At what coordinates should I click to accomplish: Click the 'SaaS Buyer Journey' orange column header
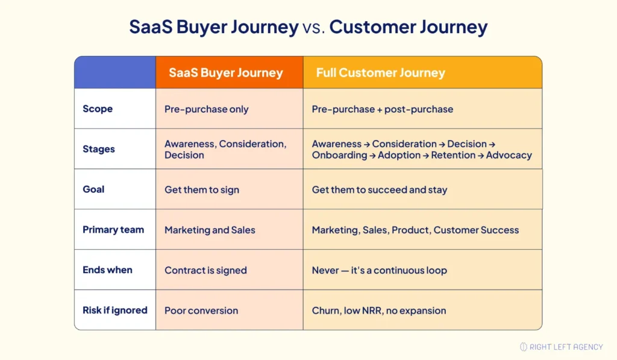226,73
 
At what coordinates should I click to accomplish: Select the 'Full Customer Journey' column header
380,73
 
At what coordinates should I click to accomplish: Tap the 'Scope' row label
98,109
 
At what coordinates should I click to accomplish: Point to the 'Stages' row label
99,149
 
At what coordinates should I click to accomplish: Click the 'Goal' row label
93,189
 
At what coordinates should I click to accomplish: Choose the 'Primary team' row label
113,230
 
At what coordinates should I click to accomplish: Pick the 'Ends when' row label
107,270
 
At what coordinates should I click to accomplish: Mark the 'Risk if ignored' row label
115,310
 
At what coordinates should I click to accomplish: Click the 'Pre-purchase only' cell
206,109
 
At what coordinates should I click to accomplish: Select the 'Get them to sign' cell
202,190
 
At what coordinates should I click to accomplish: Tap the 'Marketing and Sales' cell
210,230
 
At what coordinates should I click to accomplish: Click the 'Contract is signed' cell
205,270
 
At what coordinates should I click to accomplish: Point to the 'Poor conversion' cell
201,311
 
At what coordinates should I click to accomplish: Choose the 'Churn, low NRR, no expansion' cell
379,311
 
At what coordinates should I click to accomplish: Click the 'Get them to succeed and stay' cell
380,190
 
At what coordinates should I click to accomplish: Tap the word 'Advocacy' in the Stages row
509,155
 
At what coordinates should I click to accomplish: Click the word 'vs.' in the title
314,27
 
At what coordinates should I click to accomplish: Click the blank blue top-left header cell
115,73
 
